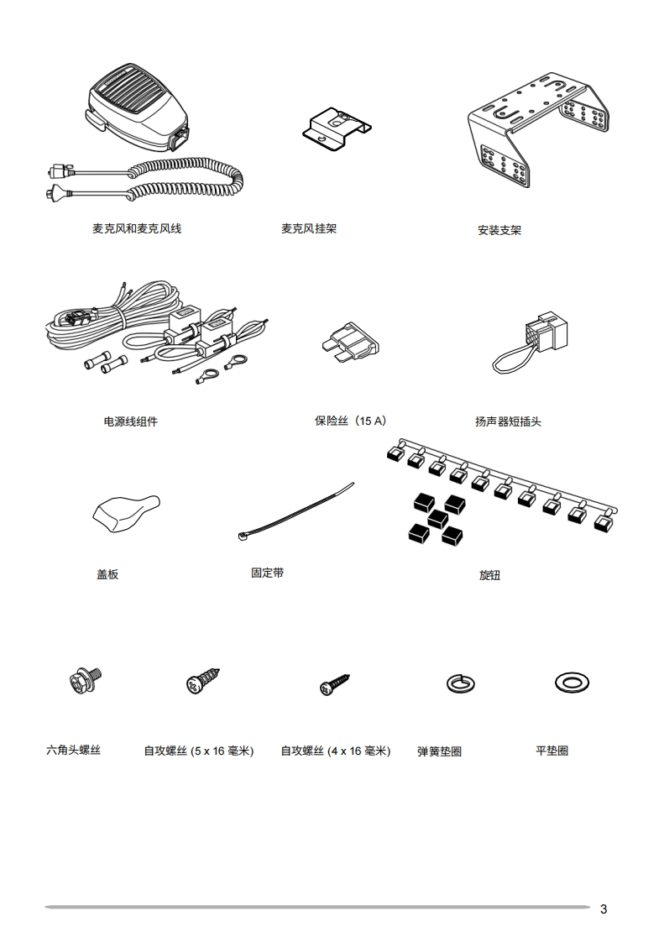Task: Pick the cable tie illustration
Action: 294,514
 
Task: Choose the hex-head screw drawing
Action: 85,680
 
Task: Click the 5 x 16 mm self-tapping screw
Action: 202,681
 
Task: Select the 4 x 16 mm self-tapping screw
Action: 333,684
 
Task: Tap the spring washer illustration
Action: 457,683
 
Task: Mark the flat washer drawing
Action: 571,682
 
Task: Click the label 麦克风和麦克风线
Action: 137,228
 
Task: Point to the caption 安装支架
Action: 499,230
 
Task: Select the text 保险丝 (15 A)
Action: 351,421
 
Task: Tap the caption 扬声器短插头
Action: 508,421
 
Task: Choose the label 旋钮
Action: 489,575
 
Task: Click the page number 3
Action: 604,908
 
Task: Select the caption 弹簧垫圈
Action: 439,751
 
